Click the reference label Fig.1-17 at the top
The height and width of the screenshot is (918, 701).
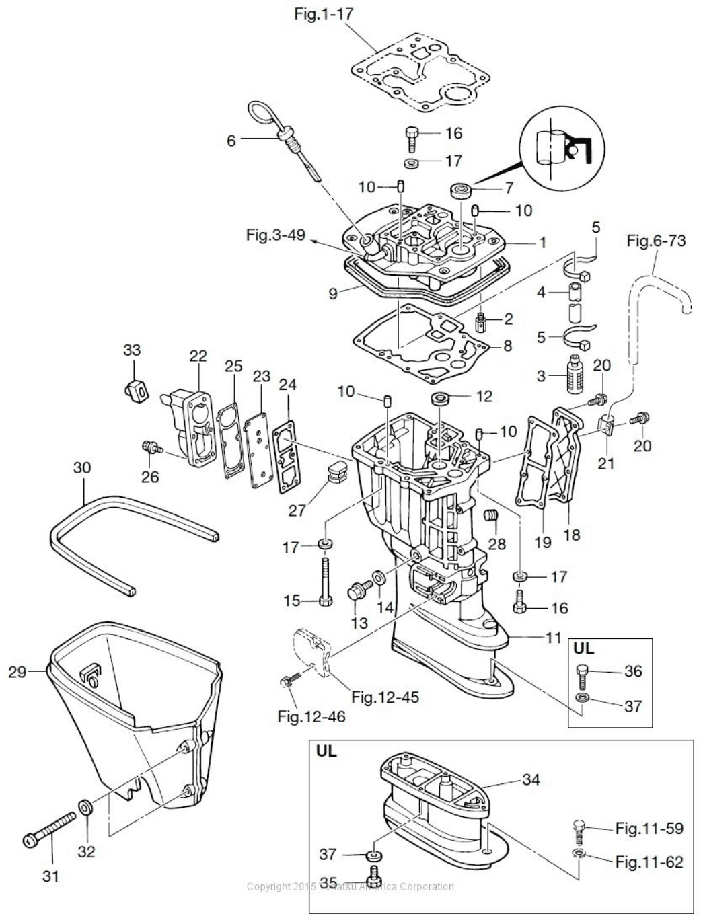coord(324,13)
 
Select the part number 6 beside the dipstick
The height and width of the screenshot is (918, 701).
coord(231,141)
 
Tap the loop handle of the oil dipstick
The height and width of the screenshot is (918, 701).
coord(260,110)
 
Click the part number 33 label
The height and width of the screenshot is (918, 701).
coord(132,350)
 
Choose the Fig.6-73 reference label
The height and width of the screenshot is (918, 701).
coord(656,240)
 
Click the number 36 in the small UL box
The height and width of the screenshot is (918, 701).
coord(633,671)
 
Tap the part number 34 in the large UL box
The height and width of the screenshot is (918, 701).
coord(531,779)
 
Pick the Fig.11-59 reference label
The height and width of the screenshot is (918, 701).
coord(649,828)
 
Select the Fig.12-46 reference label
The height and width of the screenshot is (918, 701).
coord(311,716)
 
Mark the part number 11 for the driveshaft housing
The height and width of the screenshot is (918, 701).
coord(553,637)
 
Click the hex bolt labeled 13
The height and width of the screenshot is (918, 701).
coord(356,592)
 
